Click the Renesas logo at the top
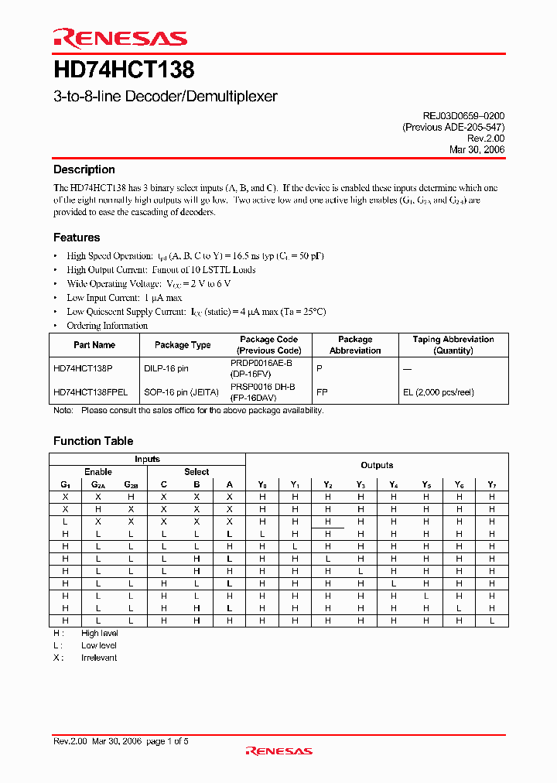(120, 38)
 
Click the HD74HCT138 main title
(124, 71)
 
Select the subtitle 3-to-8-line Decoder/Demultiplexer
(165, 97)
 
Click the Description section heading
(84, 169)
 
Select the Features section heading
(77, 238)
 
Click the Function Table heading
(93, 441)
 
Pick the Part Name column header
(94, 345)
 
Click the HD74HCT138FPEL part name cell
(91, 392)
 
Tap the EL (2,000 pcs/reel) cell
(438, 392)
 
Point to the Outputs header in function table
(377, 465)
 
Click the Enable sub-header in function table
(98, 471)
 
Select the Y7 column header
(491, 484)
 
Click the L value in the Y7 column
(491, 621)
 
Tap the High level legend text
(99, 633)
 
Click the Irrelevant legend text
(99, 658)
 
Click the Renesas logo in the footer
(278, 751)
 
